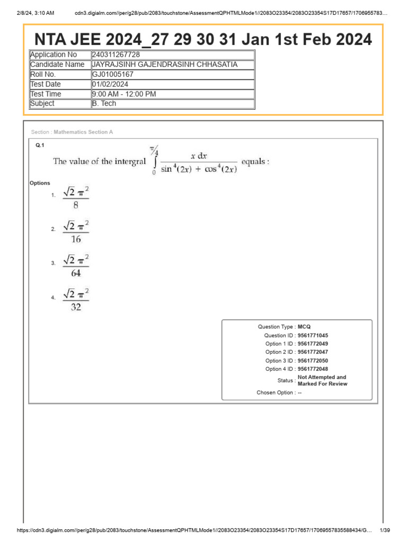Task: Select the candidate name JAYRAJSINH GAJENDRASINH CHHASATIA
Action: [164, 64]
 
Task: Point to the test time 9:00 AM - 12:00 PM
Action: [123, 94]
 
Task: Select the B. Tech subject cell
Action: [104, 103]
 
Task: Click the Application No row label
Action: [54, 55]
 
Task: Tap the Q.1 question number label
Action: [40, 145]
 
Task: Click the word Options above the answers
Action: [40, 183]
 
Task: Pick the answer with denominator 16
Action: [76, 232]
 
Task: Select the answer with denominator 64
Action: [76, 266]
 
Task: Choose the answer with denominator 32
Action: [76, 300]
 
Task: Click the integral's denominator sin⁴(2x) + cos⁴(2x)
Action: [199, 170]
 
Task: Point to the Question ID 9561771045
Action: [313, 335]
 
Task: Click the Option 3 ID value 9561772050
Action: [313, 361]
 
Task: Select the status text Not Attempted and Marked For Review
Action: [322, 380]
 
